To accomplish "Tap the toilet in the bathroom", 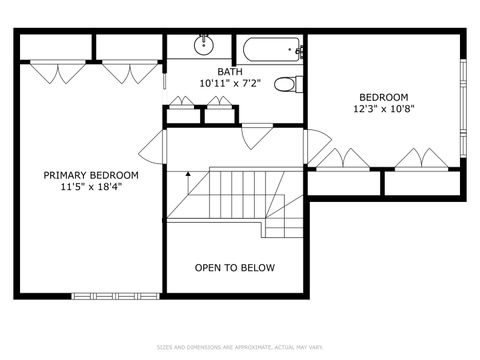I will tap(286, 85).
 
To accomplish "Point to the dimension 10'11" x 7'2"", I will tap(229, 84).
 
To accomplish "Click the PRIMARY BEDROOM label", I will tap(91, 175).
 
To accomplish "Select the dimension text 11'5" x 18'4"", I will tap(91, 187).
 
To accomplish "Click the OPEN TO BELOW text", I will tap(235, 268).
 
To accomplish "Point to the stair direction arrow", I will tap(187, 182).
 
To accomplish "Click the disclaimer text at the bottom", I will tap(239, 347).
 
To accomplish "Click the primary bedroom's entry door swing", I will tap(153, 147).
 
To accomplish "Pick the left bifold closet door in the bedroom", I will tap(344, 158).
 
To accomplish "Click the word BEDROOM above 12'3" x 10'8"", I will tap(383, 97).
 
